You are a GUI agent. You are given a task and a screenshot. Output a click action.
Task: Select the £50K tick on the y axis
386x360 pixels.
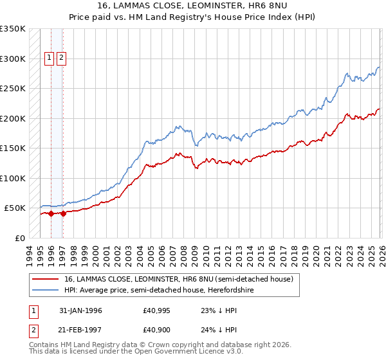click(15, 208)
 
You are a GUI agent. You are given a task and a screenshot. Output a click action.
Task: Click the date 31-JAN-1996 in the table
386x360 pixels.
click(80, 310)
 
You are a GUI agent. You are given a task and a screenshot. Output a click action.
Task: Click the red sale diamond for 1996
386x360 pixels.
click(51, 214)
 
